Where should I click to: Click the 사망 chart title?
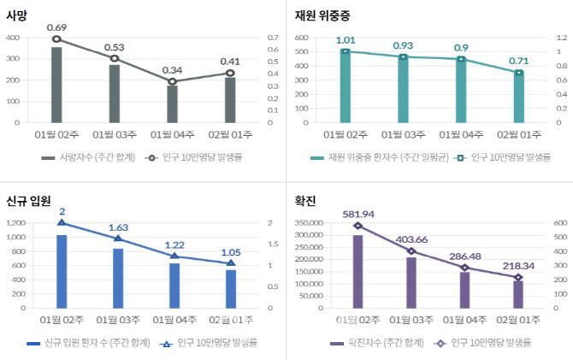click(x=16, y=15)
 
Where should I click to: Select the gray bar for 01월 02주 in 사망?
click(x=56, y=85)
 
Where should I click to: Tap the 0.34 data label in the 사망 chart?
click(x=173, y=70)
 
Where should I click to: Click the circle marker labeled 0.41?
click(x=230, y=73)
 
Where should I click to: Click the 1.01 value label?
click(x=346, y=40)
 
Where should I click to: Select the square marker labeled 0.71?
click(x=518, y=72)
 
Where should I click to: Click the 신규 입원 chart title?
click(x=28, y=200)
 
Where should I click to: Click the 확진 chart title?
click(x=304, y=200)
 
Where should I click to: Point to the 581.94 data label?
click(x=357, y=213)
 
